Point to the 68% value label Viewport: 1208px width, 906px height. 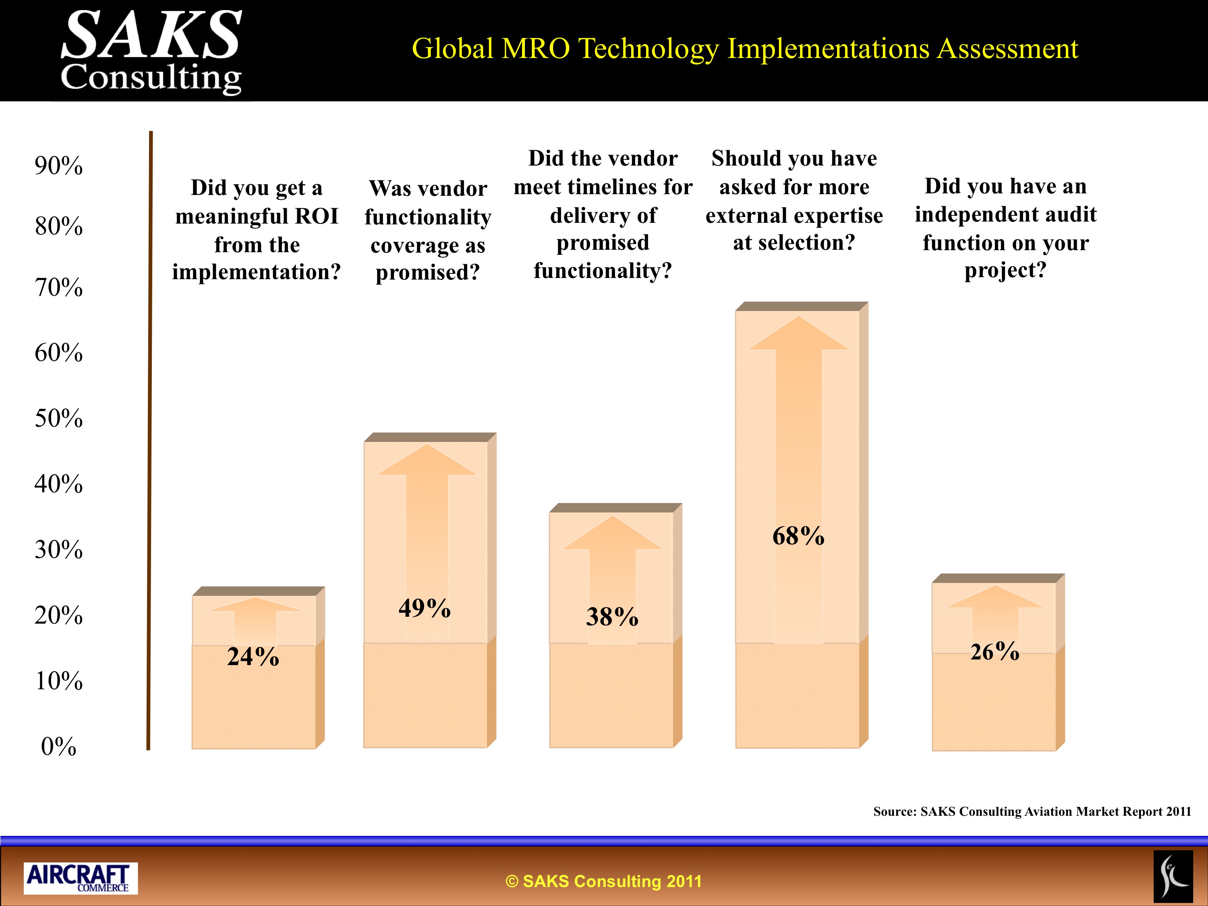(x=798, y=536)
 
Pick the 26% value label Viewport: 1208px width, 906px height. (x=995, y=651)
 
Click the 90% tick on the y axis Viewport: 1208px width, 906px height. (x=58, y=166)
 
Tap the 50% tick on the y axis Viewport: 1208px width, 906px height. (x=58, y=418)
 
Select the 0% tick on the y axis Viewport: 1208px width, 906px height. (x=58, y=746)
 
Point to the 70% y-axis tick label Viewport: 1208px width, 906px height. (x=58, y=287)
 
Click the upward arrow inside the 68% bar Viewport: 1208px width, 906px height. (x=798, y=479)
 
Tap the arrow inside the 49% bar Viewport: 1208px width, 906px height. (x=426, y=541)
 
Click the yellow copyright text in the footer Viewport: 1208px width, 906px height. (x=603, y=881)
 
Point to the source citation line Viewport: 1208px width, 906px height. (x=1032, y=811)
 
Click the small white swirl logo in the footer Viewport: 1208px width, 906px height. (x=1173, y=877)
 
